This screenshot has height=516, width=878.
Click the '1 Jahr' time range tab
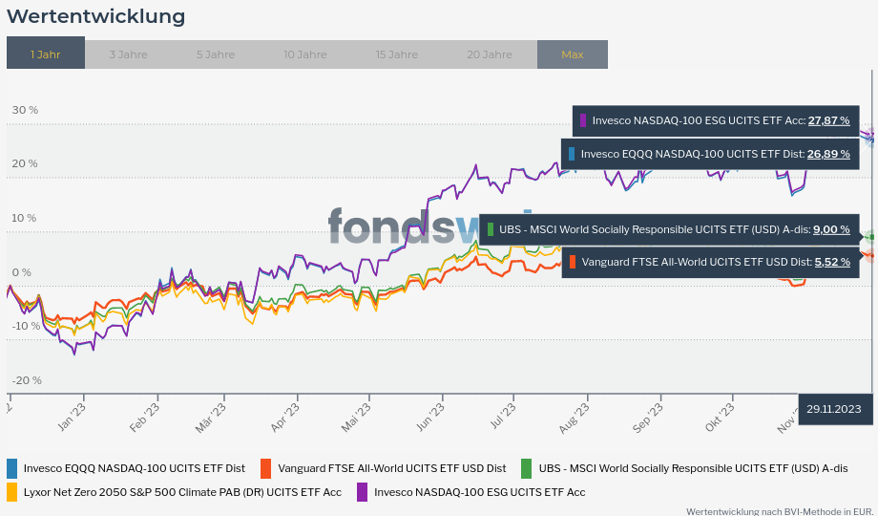click(45, 54)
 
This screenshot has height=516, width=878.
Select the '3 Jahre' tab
click(128, 54)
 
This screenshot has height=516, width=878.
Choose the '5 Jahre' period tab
click(215, 54)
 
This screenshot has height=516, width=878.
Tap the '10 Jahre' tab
click(304, 54)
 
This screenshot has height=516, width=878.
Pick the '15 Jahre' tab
click(396, 54)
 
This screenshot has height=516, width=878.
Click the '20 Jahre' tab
click(489, 54)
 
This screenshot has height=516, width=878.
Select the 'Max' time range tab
click(572, 54)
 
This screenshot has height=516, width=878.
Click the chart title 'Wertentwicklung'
click(95, 16)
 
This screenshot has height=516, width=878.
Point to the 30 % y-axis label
click(25, 110)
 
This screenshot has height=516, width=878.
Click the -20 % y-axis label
click(27, 380)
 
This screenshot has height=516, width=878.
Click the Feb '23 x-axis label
click(144, 416)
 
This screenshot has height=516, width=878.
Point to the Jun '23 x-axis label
click(430, 420)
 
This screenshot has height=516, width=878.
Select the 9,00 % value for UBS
click(830, 229)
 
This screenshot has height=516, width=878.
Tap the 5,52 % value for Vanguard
click(832, 262)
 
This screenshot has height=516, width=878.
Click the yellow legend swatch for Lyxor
click(12, 492)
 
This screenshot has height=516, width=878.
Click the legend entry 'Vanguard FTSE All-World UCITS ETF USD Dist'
click(391, 468)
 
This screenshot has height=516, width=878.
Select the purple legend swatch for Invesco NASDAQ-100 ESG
click(362, 492)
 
